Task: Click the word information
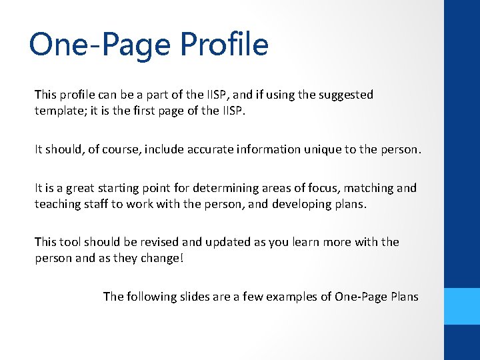pos(264,149)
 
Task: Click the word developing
pos(303,204)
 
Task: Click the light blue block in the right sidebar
pos(462,306)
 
